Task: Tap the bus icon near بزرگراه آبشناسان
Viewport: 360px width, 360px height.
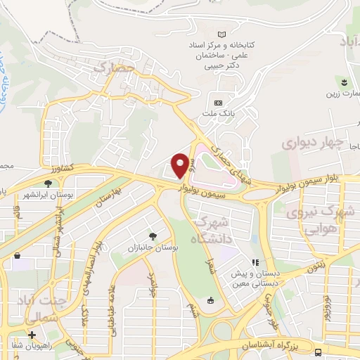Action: (x=319, y=352)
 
